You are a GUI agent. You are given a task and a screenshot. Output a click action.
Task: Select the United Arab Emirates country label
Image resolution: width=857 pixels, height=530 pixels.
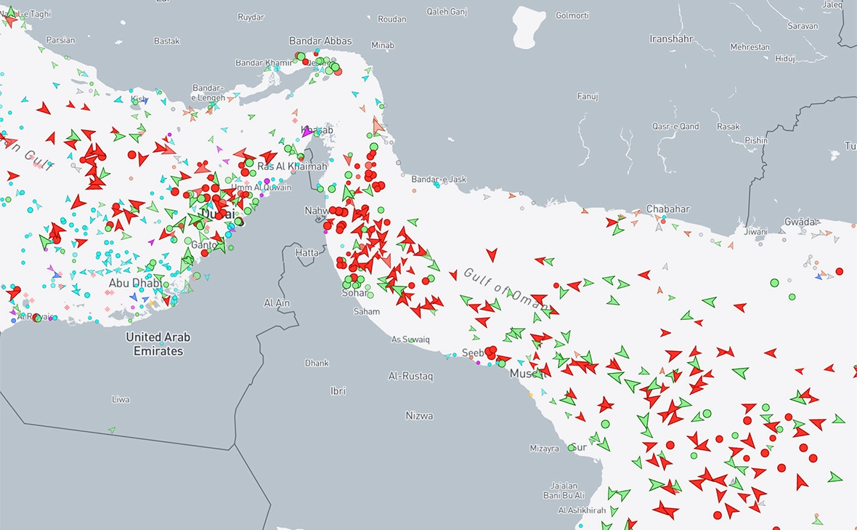158,344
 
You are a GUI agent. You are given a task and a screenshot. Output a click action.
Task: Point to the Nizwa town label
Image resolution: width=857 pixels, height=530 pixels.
420,416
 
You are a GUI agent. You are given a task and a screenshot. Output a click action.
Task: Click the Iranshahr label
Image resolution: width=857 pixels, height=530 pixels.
673,39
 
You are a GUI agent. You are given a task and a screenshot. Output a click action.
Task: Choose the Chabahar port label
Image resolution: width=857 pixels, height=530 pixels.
667,209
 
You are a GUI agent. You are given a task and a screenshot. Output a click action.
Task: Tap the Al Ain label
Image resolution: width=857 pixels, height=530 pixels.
277,303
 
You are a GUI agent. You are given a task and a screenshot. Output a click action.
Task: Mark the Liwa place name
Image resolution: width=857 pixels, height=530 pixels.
121,400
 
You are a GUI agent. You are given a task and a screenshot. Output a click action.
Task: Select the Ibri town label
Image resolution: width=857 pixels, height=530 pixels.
338,391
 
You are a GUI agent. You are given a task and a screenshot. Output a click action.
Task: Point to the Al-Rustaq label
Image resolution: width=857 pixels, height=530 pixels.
410,377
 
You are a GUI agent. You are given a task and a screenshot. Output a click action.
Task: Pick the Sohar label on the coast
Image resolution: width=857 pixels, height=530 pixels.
355,294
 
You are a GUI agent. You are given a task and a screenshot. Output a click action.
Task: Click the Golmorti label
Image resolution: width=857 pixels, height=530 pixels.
573,15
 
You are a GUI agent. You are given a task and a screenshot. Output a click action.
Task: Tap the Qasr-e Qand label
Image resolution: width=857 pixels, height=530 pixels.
675,127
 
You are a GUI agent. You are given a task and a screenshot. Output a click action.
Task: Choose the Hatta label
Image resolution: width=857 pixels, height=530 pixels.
306,252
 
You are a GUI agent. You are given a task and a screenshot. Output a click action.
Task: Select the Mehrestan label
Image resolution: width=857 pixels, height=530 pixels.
750,47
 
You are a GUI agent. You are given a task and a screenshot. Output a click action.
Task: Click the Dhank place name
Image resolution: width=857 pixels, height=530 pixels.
317,363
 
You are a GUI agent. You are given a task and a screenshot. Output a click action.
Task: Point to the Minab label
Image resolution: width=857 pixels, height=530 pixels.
382,46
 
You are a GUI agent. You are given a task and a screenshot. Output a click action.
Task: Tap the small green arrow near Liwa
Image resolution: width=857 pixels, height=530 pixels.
112,430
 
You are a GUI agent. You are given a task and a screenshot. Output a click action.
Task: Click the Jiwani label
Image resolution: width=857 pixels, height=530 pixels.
755,232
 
